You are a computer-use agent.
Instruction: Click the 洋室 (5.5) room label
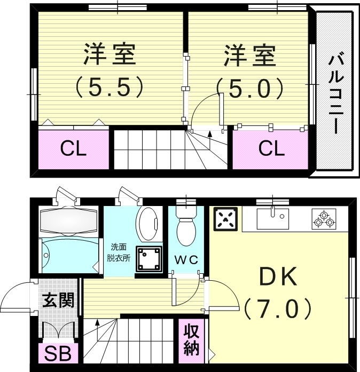click(109, 69)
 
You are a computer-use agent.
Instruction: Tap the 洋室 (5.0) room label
click(249, 69)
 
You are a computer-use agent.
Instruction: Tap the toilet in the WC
click(187, 229)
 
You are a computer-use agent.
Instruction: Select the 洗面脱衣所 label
click(120, 252)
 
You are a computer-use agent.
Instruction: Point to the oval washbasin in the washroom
click(148, 224)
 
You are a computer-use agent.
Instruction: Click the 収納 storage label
click(191, 340)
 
